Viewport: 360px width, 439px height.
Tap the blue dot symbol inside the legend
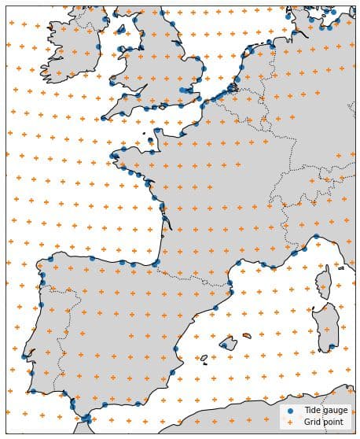292,411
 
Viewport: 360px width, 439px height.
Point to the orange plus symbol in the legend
292,422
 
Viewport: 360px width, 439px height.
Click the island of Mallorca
228,343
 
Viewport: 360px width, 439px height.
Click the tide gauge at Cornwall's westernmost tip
104,119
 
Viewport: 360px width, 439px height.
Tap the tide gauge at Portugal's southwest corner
32,391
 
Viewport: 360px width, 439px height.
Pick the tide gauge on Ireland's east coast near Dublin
98,47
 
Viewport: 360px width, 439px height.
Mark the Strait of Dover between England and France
206,102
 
